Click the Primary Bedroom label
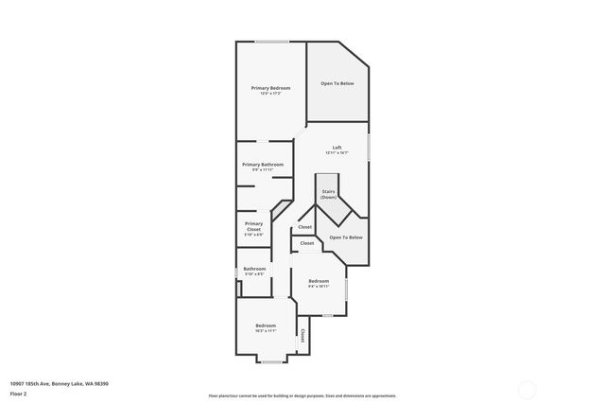[270, 88]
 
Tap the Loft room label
[337, 147]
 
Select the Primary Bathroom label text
[263, 165]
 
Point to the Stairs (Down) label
[328, 194]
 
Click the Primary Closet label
[253, 226]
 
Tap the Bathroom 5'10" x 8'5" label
[254, 269]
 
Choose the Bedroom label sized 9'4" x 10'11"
[319, 281]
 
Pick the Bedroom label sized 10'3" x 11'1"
[266, 326]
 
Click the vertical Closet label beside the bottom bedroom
[302, 336]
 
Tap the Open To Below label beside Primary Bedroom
[337, 83]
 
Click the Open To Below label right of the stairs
[346, 237]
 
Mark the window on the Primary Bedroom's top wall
[272, 41]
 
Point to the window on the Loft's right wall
[369, 147]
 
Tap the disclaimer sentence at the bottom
[302, 395]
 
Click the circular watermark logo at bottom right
[527, 389]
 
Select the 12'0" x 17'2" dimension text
[270, 94]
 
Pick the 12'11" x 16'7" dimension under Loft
[337, 152]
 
